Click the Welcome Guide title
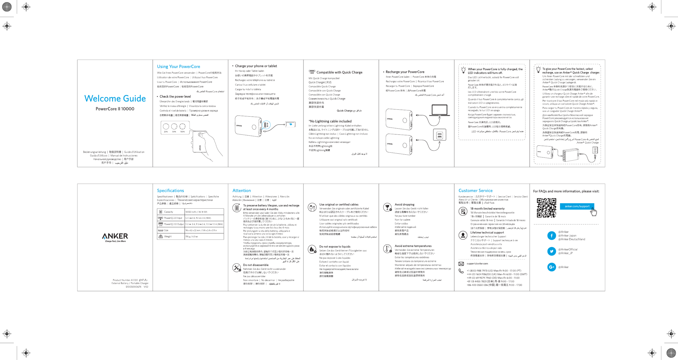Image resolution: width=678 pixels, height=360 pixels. [115, 99]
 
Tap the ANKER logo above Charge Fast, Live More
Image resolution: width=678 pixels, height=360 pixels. [115, 236]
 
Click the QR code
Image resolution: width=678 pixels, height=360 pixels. [546, 208]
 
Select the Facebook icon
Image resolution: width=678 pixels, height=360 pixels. [551, 236]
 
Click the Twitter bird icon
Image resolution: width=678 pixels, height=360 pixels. [551, 251]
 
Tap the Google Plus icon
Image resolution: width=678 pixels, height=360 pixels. [551, 267]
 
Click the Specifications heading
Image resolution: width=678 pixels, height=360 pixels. [170, 190]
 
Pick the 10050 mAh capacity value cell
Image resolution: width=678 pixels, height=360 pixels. [196, 212]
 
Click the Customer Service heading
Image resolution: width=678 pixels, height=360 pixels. [475, 190]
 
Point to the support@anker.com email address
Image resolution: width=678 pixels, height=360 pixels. [477, 264]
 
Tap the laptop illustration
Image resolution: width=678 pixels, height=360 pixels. [439, 110]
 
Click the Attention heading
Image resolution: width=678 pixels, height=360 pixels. [241, 190]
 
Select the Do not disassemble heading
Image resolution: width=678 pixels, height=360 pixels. [256, 265]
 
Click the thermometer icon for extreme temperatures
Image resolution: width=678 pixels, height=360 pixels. [387, 248]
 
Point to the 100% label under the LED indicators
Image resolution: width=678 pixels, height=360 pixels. [182, 132]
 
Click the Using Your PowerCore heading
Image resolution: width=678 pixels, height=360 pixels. [179, 67]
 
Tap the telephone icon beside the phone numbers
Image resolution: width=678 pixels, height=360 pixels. [461, 271]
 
